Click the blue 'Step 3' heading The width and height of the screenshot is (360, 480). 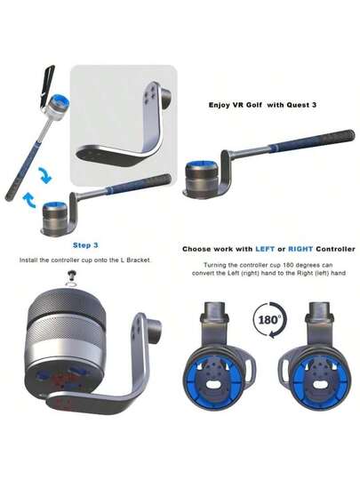[85, 245]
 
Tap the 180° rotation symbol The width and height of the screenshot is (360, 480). [269, 320]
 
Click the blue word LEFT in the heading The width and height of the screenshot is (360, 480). [265, 249]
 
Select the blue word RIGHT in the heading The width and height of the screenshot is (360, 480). [300, 249]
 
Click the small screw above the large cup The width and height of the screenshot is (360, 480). [73, 275]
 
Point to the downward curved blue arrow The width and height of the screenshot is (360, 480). [45, 175]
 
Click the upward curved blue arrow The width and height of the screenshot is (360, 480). [30, 200]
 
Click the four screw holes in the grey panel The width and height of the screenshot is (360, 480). [150, 94]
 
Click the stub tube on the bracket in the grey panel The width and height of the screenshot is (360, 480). [166, 98]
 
